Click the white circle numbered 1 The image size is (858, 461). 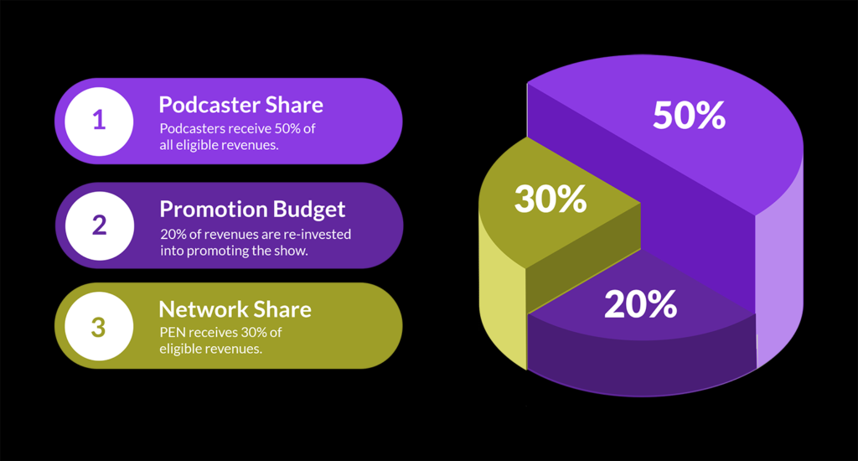[x=99, y=121]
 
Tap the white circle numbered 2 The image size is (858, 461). [x=100, y=225]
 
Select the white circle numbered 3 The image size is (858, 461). [x=99, y=326]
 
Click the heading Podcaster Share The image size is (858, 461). [x=240, y=105]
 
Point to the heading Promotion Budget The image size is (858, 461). [x=252, y=210]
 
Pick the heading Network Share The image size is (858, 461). [x=235, y=309]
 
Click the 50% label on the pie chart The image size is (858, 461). [x=689, y=115]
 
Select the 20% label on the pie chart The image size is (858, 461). [x=640, y=304]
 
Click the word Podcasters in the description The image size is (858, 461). [x=193, y=129]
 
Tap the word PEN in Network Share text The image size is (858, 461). [x=173, y=332]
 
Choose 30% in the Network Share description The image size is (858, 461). [x=254, y=332]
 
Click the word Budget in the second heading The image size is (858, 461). [x=309, y=210]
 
